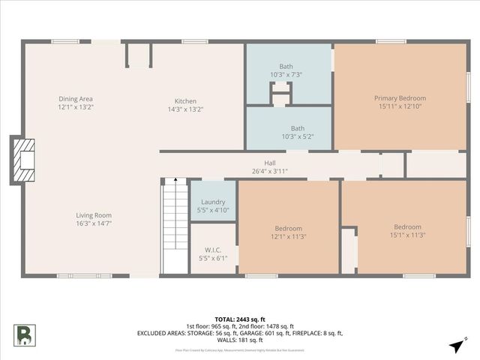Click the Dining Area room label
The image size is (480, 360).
click(x=76, y=99)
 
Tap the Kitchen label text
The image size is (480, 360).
click(x=185, y=101)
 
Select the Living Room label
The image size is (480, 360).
click(x=93, y=215)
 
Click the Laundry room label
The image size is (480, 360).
click(x=213, y=202)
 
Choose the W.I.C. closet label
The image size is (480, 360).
click(x=213, y=250)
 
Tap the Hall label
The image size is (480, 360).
click(x=270, y=163)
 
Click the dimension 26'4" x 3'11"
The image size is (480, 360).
click(x=270, y=171)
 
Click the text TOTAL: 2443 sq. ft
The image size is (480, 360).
click(x=240, y=319)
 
